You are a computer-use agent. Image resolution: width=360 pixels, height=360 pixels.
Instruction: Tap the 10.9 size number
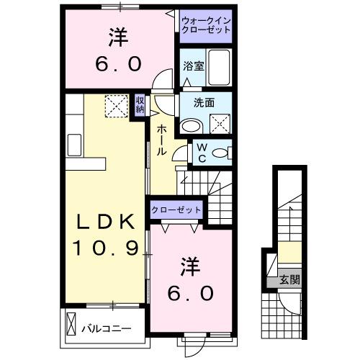coord(104,248)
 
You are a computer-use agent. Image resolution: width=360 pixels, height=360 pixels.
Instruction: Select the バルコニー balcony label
coord(106,328)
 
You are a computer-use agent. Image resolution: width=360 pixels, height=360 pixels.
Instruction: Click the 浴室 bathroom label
coord(192,66)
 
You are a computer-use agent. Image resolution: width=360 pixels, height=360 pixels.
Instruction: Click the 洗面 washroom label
coord(204,103)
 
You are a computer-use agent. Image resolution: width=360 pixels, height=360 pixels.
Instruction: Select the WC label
coord(202,153)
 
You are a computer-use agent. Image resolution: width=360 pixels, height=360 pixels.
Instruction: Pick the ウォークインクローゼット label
coord(206,26)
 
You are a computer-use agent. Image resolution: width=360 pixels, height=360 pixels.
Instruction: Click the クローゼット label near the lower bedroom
coord(176,209)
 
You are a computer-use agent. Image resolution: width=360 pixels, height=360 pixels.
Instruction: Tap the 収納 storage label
coord(140,105)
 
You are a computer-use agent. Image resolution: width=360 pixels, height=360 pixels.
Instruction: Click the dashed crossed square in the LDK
coord(115,106)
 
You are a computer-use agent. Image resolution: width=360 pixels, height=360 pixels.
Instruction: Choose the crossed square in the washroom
coord(222,124)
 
